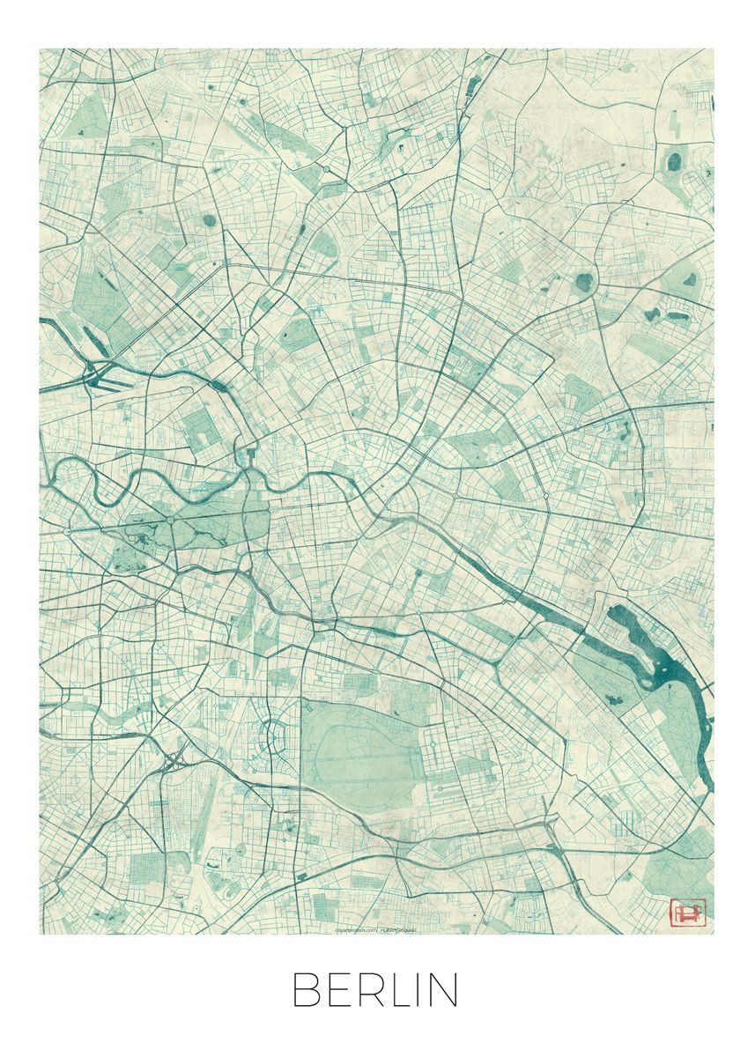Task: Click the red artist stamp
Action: point(688,911)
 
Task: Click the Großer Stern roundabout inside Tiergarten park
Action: point(170,521)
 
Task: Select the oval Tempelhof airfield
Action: point(357,758)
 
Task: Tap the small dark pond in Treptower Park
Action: point(611,699)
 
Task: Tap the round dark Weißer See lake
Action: point(583,282)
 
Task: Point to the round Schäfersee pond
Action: point(210,221)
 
